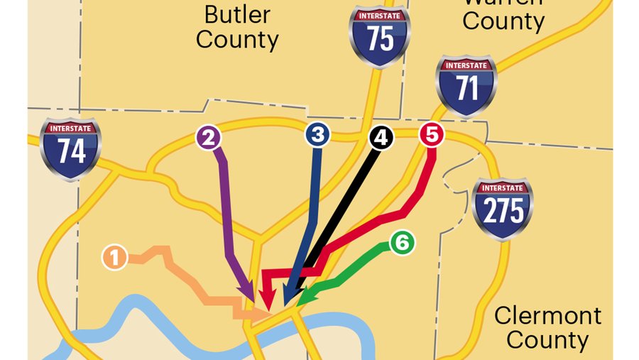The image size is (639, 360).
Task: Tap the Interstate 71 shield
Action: [x=466, y=84]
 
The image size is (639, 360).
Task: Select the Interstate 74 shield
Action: [x=70, y=148]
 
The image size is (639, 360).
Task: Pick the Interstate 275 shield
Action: [x=503, y=207]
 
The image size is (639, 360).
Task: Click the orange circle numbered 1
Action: [x=115, y=257]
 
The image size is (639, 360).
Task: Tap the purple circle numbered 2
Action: [x=208, y=137]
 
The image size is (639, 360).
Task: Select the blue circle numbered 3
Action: [x=318, y=134]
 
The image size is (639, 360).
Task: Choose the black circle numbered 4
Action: [x=381, y=137]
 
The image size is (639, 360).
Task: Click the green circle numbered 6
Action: [x=401, y=243]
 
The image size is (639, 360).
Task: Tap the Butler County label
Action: [x=237, y=26]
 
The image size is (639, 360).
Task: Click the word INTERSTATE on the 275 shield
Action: [x=503, y=188]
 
